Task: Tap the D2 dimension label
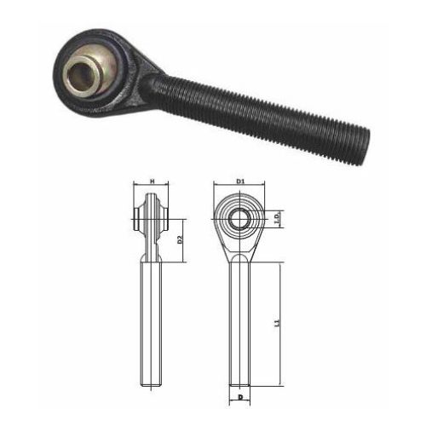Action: (181, 240)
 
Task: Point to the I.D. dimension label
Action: (278, 219)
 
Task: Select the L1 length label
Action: (278, 324)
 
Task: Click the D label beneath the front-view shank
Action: (240, 398)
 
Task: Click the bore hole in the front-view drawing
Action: (239, 219)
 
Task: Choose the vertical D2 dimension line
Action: (175, 240)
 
